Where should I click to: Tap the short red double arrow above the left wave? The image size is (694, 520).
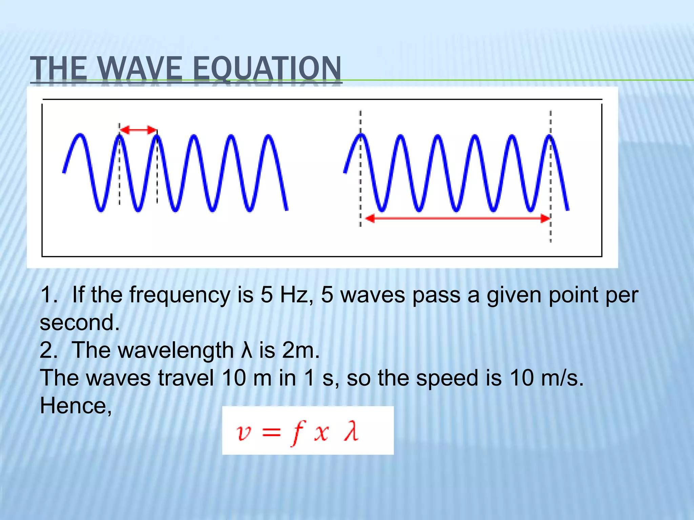tap(139, 130)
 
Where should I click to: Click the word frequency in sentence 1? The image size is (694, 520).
tap(180, 295)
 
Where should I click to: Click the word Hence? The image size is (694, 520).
tap(75, 406)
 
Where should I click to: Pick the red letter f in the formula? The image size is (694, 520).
tap(298, 432)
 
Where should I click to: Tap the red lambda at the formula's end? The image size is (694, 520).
tap(351, 432)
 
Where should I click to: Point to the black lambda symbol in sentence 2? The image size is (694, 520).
tap(247, 350)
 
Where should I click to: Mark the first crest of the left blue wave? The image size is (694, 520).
tap(80, 135)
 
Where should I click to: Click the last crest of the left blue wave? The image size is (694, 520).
tap(269, 136)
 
